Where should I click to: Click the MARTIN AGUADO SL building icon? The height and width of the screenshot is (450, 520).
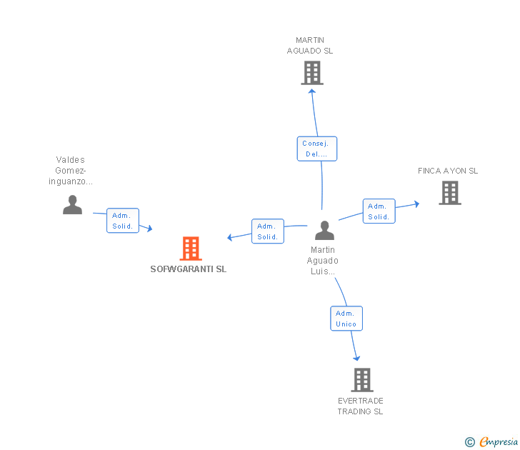312,73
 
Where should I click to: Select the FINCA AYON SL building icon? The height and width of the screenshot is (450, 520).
449,193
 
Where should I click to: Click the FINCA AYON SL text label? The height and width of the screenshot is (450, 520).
448,171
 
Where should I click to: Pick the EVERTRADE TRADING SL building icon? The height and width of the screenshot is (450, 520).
362,379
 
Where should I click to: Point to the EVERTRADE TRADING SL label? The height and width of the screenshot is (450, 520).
360,406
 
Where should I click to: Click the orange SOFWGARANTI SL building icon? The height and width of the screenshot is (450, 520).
190,249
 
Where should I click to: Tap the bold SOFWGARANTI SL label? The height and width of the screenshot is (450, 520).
189,269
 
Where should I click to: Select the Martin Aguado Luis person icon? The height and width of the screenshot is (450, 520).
324,231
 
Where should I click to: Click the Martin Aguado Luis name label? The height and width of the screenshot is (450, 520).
324,261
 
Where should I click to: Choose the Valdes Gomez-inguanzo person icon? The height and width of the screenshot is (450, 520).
72,205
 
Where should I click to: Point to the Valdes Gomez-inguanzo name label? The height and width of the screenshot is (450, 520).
71,171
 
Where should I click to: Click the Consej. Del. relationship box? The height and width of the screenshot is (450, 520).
316,149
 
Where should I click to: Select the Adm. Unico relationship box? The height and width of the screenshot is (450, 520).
346,319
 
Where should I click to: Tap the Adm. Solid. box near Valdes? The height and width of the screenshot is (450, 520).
123,221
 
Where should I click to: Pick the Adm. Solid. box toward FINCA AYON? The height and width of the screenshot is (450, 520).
379,211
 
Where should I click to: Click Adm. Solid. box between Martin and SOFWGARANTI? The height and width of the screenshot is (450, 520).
268,231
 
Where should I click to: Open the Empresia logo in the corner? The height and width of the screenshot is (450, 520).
491,441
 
